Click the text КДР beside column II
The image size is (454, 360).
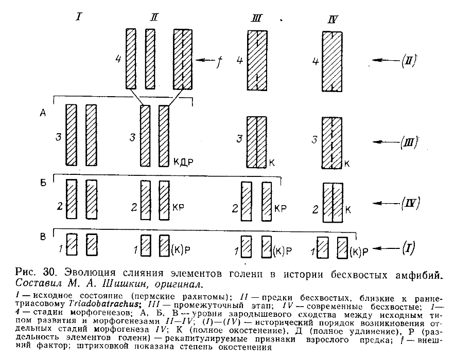tap(184, 163)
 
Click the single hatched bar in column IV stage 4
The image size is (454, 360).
tap(333, 61)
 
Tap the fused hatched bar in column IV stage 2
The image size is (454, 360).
tap(332, 202)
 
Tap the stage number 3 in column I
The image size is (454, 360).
tap(59, 137)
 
